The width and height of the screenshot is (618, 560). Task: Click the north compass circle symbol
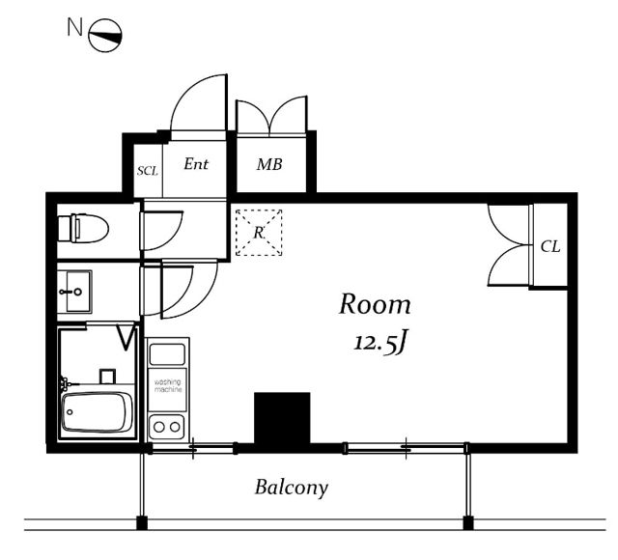(x=105, y=36)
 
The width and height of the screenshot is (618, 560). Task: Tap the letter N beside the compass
(x=74, y=27)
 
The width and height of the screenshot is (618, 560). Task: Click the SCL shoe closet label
(x=148, y=171)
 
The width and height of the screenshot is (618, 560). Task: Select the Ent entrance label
(x=196, y=164)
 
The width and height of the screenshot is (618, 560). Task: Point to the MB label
(x=269, y=164)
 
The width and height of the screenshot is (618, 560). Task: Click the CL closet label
(x=550, y=247)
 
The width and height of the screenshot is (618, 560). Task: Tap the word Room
(x=375, y=304)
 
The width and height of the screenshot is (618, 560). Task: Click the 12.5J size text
(x=379, y=342)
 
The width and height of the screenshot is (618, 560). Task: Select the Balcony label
(x=292, y=488)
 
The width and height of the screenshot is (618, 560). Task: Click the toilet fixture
(x=83, y=228)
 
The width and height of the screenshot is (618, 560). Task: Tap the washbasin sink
(x=75, y=292)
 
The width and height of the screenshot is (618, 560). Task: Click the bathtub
(x=98, y=412)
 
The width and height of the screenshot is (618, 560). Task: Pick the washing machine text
(x=168, y=385)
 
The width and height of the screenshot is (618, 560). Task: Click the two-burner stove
(x=167, y=427)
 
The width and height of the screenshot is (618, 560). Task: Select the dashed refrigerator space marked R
(x=259, y=233)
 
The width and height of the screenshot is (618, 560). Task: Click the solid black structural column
(x=282, y=418)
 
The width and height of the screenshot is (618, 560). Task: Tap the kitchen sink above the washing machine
(x=167, y=354)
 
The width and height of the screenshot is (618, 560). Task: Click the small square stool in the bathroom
(x=107, y=377)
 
